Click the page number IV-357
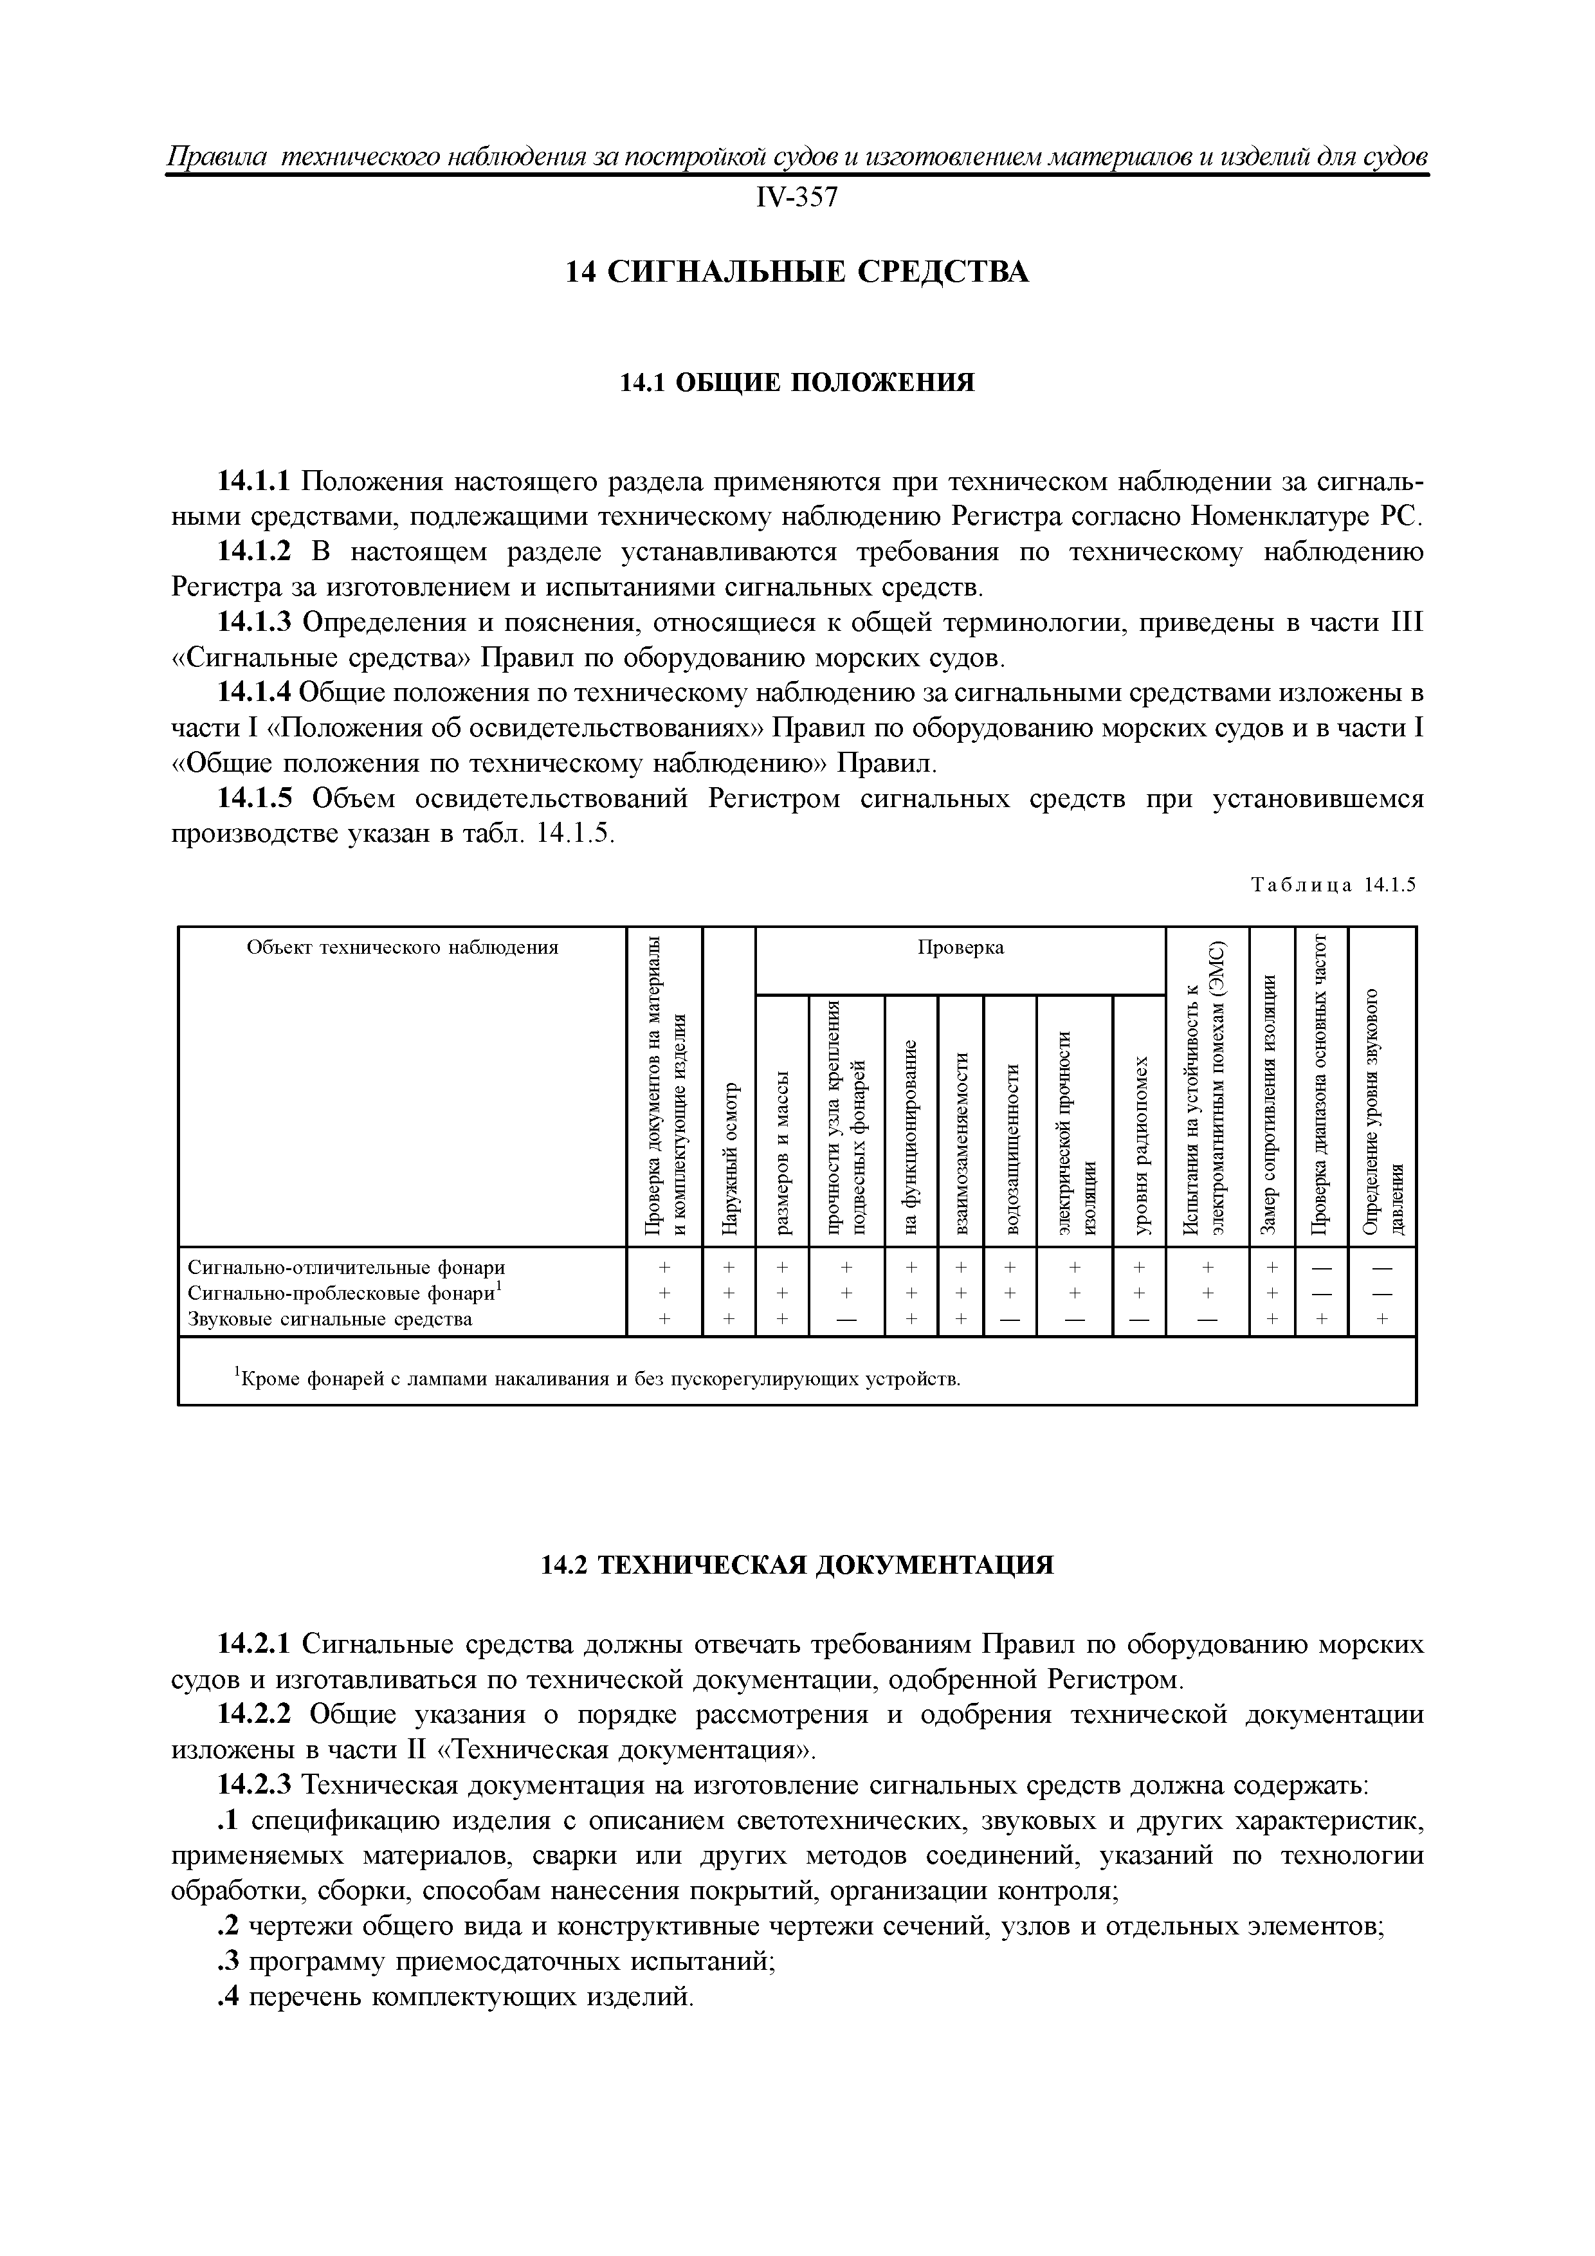pos(797,197)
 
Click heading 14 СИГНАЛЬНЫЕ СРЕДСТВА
pos(797,271)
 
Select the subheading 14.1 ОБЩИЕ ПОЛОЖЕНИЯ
pos(797,382)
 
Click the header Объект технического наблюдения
pos(402,947)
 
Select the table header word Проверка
pos(960,947)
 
